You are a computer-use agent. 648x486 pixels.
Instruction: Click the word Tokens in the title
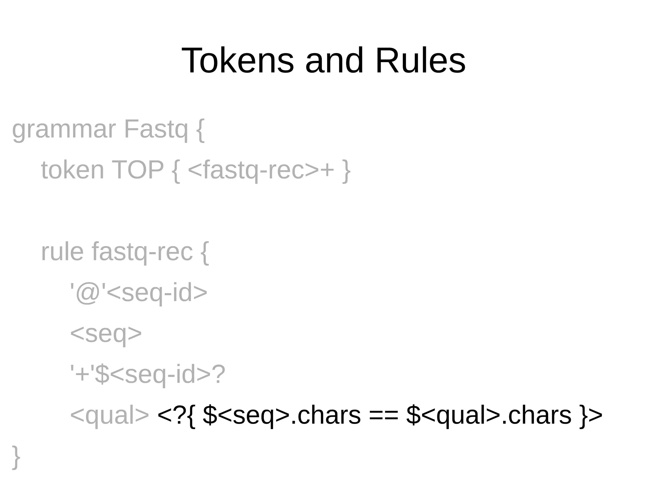point(237,60)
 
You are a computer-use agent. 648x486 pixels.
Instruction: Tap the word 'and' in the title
point(334,60)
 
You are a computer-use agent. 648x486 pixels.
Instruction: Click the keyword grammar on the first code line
point(64,130)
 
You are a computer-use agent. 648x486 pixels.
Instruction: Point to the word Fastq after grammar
point(156,130)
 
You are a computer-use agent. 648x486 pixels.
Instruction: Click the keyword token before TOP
point(72,170)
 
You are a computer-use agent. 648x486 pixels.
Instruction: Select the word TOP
point(138,170)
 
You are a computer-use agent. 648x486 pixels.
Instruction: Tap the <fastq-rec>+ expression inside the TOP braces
point(261,170)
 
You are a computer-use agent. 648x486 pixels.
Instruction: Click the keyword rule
point(62,252)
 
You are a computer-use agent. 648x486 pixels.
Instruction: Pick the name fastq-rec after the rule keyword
point(142,252)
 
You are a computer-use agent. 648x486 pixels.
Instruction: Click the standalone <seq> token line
point(106,334)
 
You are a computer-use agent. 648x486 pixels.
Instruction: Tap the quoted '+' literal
point(82,374)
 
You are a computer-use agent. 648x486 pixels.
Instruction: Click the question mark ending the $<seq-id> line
point(219,374)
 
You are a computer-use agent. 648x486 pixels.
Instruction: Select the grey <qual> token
point(109,415)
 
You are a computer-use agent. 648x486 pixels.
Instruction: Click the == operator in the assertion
point(383,415)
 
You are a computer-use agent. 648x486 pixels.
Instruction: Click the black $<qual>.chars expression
point(489,415)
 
